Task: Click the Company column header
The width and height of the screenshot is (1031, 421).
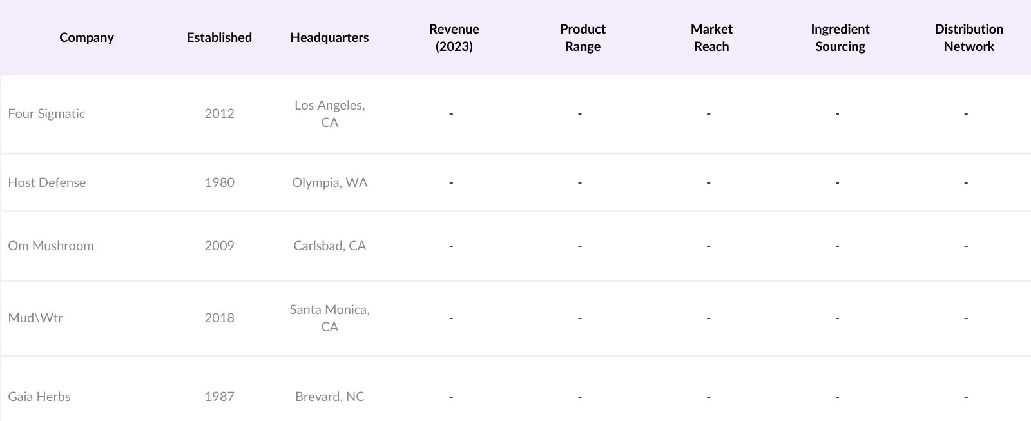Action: (86, 37)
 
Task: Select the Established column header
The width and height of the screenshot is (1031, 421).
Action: (219, 37)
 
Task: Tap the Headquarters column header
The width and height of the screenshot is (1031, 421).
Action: (329, 37)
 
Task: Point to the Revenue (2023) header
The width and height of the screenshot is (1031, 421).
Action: (454, 37)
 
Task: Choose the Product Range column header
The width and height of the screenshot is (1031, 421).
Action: (583, 37)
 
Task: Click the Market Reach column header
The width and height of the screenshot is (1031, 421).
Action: (711, 37)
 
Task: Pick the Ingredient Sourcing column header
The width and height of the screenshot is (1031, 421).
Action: (840, 37)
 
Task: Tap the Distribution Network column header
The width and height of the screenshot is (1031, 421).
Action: (968, 37)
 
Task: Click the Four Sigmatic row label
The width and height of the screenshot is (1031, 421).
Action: (46, 113)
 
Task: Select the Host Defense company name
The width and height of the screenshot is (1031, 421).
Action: (46, 182)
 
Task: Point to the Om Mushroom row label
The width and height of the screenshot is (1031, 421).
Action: (51, 246)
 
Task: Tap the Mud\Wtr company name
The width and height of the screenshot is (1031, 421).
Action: (35, 318)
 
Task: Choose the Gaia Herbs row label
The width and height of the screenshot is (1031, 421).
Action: (39, 397)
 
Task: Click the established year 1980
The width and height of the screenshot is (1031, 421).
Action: (219, 182)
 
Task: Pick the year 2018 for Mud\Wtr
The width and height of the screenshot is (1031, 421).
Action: (219, 318)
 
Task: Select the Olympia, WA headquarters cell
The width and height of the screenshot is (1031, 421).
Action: (329, 182)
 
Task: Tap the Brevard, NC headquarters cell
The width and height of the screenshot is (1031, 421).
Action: (329, 397)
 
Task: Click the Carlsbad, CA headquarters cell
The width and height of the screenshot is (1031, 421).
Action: (329, 246)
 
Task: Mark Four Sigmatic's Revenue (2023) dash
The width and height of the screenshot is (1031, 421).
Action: (451, 114)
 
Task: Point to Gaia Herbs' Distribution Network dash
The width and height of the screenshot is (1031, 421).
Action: (966, 397)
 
